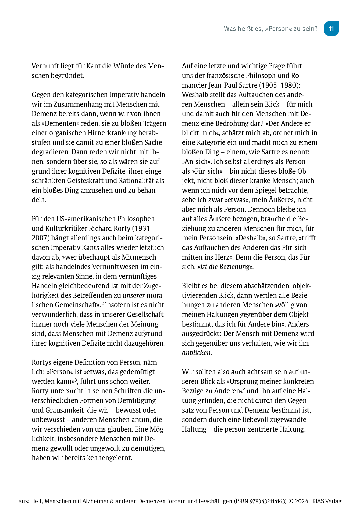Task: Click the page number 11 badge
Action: click(331, 28)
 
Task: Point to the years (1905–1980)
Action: click(280, 85)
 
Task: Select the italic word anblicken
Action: click(196, 353)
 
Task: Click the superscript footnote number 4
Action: click(244, 389)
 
